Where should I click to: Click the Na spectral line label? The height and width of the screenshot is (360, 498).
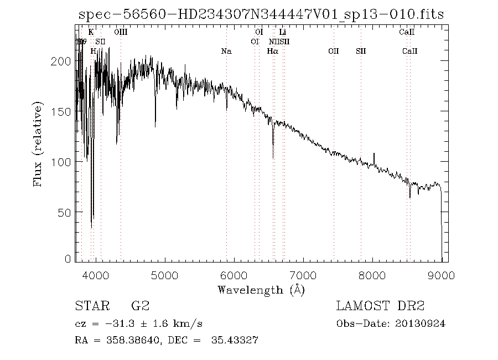tap(226, 52)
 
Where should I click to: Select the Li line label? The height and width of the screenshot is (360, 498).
tap(282, 33)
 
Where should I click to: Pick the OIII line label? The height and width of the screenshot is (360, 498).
tap(121, 33)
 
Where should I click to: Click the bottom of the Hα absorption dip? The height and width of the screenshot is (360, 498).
tap(273, 158)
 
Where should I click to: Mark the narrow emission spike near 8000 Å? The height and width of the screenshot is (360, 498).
tap(374, 154)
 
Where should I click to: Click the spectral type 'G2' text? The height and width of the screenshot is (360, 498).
tap(140, 306)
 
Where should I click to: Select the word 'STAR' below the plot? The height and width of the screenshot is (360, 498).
tap(90, 306)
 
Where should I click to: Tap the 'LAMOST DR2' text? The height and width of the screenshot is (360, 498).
tap(380, 306)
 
